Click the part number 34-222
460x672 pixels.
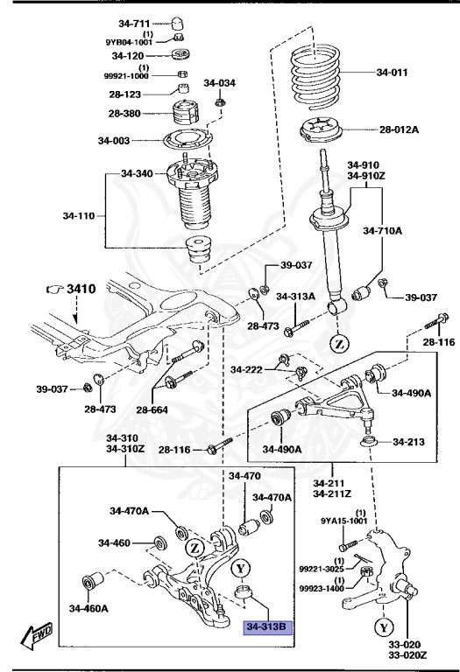(x=248, y=371)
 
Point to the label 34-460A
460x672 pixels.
(x=89, y=608)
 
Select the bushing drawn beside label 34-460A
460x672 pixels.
(x=92, y=581)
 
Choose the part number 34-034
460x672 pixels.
(x=220, y=84)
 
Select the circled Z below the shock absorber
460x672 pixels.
(x=337, y=341)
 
